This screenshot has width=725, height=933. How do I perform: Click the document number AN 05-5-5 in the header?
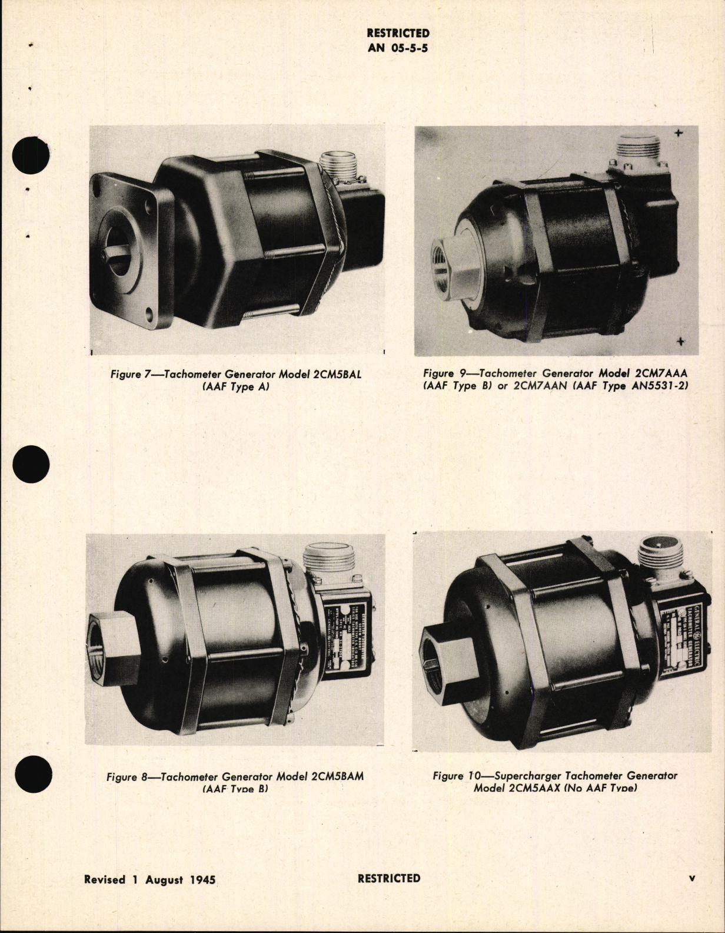coord(397,48)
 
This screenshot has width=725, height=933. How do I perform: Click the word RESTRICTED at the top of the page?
coord(397,34)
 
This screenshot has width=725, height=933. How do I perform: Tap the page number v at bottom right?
coord(692,878)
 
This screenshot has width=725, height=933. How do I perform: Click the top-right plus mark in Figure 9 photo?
coord(680,134)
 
